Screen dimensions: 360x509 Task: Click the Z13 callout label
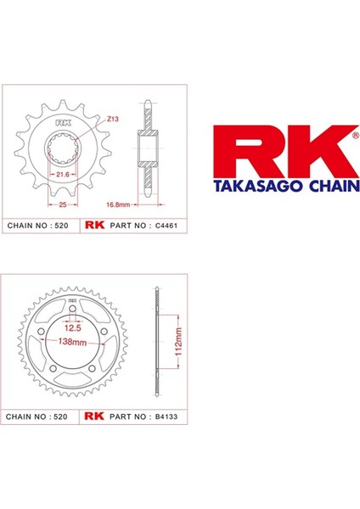pos(113,119)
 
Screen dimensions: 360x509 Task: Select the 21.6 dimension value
pos(63,175)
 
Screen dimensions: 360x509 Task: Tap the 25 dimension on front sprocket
pos(63,204)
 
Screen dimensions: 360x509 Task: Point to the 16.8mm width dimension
pos(118,204)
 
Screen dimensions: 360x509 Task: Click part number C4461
pos(166,226)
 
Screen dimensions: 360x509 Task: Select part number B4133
pos(166,417)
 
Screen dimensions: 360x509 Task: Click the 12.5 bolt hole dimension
pos(72,327)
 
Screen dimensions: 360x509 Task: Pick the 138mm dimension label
pos(72,342)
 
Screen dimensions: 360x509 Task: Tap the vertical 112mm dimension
pos(178,342)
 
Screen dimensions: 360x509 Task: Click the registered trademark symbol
pos(356,136)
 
